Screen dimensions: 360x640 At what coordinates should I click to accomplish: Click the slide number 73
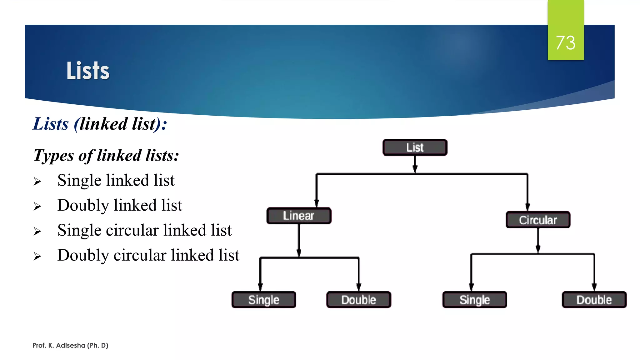[566, 42]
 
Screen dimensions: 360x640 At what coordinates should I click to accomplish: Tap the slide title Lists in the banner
[88, 71]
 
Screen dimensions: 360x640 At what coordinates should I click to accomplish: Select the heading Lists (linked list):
[100, 124]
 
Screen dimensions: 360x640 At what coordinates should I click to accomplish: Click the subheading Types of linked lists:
[106, 155]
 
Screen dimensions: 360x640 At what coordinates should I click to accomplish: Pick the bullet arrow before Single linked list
[37, 182]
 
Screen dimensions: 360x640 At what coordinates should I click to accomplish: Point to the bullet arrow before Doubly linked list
[37, 207]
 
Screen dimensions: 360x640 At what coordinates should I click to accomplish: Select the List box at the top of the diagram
[415, 147]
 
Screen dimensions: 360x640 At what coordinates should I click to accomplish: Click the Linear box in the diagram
[299, 216]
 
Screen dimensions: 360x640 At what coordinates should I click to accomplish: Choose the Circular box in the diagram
[538, 220]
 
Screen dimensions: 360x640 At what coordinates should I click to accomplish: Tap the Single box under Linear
[264, 300]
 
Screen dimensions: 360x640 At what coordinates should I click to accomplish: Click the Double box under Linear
[358, 300]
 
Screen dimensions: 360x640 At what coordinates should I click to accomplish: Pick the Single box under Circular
[474, 300]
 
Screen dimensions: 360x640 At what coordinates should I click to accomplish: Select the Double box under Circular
[594, 300]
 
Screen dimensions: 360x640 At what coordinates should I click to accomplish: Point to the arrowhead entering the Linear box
[317, 203]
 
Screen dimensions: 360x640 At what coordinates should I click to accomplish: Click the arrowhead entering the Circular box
[527, 207]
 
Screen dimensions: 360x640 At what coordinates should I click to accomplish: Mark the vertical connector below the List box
[415, 162]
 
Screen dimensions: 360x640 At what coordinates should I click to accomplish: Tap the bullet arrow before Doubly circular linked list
[37, 257]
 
